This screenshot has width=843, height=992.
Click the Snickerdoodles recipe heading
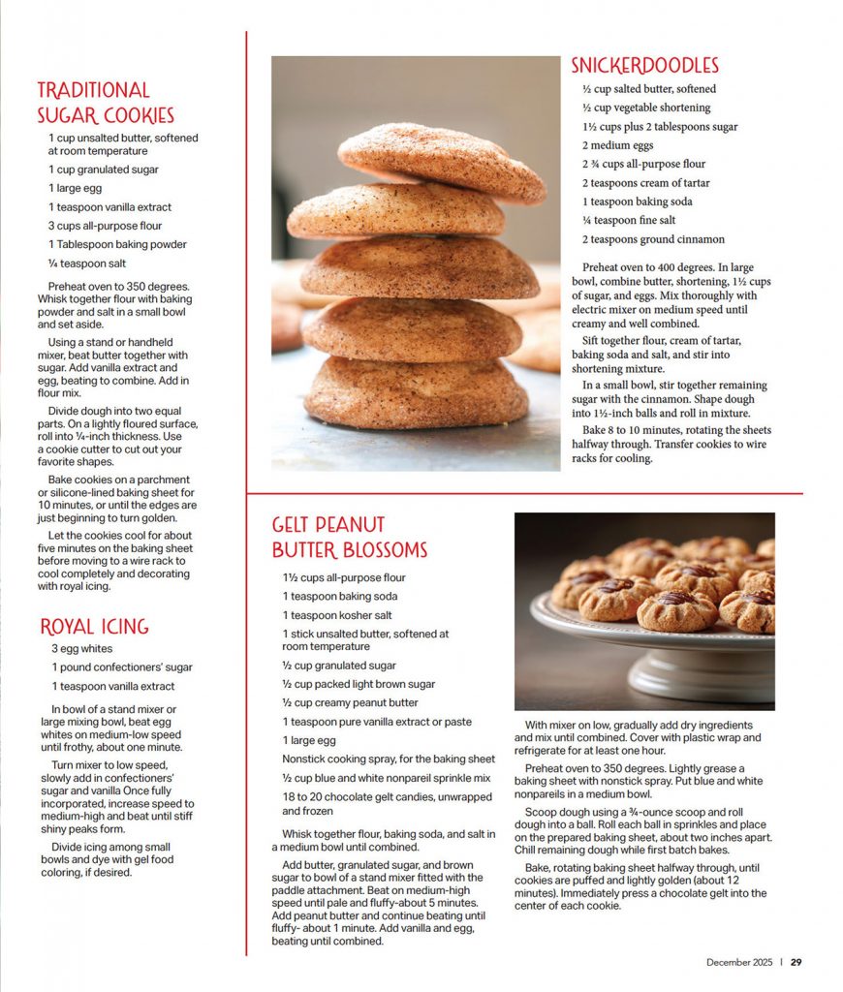click(x=644, y=66)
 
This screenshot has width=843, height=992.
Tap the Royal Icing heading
click(x=94, y=626)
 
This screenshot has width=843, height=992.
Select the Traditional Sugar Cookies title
click(x=106, y=103)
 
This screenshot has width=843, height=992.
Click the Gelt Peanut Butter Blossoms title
click(x=349, y=538)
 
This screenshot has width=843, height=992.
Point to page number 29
click(x=796, y=962)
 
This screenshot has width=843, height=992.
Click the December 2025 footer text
click(x=738, y=962)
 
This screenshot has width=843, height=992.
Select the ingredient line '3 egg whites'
click(x=81, y=649)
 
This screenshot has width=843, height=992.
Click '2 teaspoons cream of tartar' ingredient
click(x=645, y=183)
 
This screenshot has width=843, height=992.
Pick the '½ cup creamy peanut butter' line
click(x=350, y=703)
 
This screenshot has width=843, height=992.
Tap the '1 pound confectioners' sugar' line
click(x=121, y=667)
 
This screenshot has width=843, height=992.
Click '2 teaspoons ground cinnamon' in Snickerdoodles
click(x=653, y=239)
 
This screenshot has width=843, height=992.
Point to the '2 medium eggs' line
click(x=617, y=145)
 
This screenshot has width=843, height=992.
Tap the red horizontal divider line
click(x=524, y=494)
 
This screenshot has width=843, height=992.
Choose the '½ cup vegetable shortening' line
click(x=646, y=108)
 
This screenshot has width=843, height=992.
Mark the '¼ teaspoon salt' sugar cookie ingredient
click(x=87, y=263)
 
